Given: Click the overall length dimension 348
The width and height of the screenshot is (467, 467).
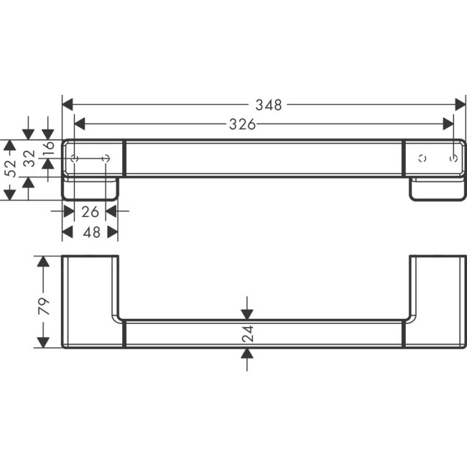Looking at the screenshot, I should click(x=269, y=105).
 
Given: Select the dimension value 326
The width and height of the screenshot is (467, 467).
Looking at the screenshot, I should click(x=243, y=124).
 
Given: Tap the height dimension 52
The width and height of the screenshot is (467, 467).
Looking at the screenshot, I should click(x=10, y=169).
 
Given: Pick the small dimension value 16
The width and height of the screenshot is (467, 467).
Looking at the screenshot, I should click(x=48, y=149).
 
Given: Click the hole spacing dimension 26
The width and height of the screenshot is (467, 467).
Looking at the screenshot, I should click(x=91, y=212).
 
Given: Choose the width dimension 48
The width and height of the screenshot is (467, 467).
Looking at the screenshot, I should click(x=91, y=232).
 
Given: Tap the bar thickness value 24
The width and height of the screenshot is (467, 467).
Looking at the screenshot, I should click(x=247, y=334).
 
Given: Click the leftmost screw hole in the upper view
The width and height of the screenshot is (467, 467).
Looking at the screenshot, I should click(x=75, y=157).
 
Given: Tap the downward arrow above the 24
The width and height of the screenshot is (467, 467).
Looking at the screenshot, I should click(x=247, y=313).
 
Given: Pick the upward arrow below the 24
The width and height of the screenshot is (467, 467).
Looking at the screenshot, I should click(x=247, y=353).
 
